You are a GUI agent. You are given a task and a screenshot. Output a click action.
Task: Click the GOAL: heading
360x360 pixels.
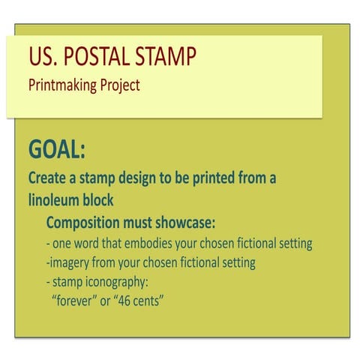(x=57, y=150)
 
